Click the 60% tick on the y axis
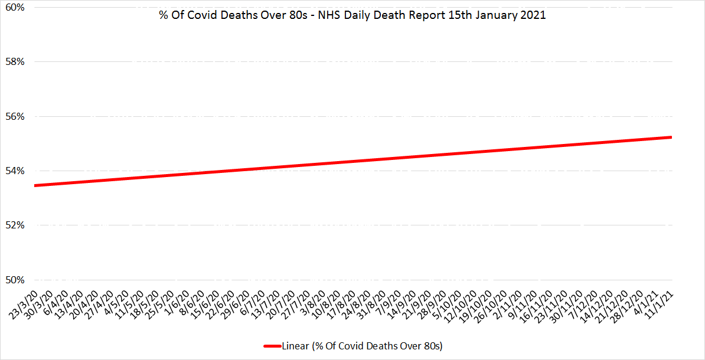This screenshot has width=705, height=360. pos(15,8)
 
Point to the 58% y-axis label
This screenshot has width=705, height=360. pos(15,62)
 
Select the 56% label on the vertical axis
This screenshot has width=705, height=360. pos(15,116)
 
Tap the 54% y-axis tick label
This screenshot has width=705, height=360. pos(15,171)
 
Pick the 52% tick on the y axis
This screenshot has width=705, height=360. pos(15,225)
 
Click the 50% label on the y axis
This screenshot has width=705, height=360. pos(15,280)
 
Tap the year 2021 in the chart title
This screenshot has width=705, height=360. pos(534,16)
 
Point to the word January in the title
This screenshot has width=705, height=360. pos(500,16)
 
